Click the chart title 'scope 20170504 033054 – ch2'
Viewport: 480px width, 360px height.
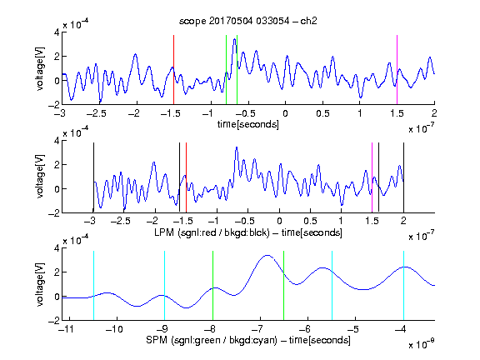[248, 21]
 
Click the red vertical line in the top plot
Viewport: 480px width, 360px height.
[173, 70]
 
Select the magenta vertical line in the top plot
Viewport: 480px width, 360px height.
[397, 70]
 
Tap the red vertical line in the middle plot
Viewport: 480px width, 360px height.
[186, 177]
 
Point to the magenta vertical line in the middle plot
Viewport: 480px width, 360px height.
[372, 177]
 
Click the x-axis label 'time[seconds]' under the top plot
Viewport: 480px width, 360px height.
[248, 124]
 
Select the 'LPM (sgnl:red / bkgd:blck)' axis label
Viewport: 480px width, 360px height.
[212, 232]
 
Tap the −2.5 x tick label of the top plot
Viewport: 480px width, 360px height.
[96, 113]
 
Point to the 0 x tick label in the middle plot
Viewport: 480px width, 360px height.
[279, 221]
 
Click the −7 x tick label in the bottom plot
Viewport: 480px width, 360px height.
[259, 329]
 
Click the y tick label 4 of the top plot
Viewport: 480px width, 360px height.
[57, 32]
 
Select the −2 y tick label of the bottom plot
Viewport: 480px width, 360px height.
[53, 321]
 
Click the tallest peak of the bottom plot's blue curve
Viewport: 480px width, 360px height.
[267, 255]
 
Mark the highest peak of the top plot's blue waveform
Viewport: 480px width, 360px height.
[234, 39]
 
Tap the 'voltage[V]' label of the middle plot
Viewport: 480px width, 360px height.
[40, 177]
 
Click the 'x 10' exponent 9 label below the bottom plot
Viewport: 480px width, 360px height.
[421, 345]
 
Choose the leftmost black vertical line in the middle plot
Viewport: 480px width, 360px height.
[93, 177]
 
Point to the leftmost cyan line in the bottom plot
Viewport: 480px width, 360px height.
[93, 286]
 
